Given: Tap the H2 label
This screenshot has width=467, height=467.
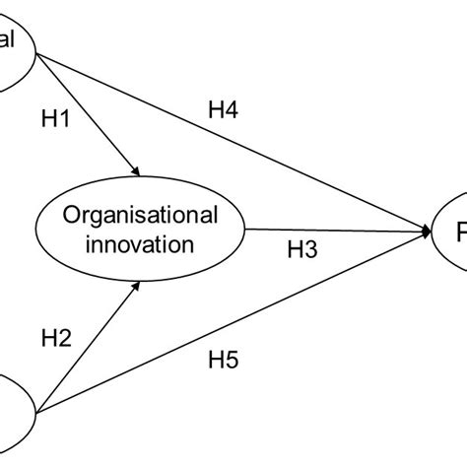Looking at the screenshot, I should (57, 339).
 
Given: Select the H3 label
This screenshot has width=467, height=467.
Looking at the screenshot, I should (301, 251).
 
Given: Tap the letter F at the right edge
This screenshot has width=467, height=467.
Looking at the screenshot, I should (460, 233).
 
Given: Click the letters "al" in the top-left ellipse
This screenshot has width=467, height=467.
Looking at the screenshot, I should (9, 41).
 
